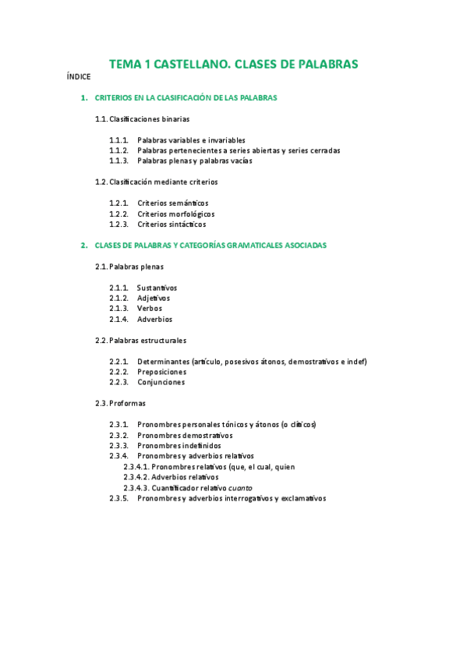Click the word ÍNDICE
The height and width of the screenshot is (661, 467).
pos(79,76)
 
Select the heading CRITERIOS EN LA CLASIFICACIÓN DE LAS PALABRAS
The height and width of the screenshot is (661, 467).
pos(186,98)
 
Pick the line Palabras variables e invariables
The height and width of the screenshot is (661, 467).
pos(191,140)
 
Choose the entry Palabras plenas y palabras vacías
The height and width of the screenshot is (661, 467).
pos(194,161)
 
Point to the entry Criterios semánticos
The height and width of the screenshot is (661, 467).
pos(172,203)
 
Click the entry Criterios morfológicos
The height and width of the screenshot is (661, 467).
pos(175,214)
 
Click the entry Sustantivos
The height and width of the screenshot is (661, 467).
pos(157,288)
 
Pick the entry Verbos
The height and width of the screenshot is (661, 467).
pos(150,309)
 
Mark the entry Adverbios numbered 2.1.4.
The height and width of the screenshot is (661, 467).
pos(154,320)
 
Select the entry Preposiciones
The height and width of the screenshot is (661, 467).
pos(161,372)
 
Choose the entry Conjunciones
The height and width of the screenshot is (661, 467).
pos(161,383)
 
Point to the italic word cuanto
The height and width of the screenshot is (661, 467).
pos(239,488)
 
